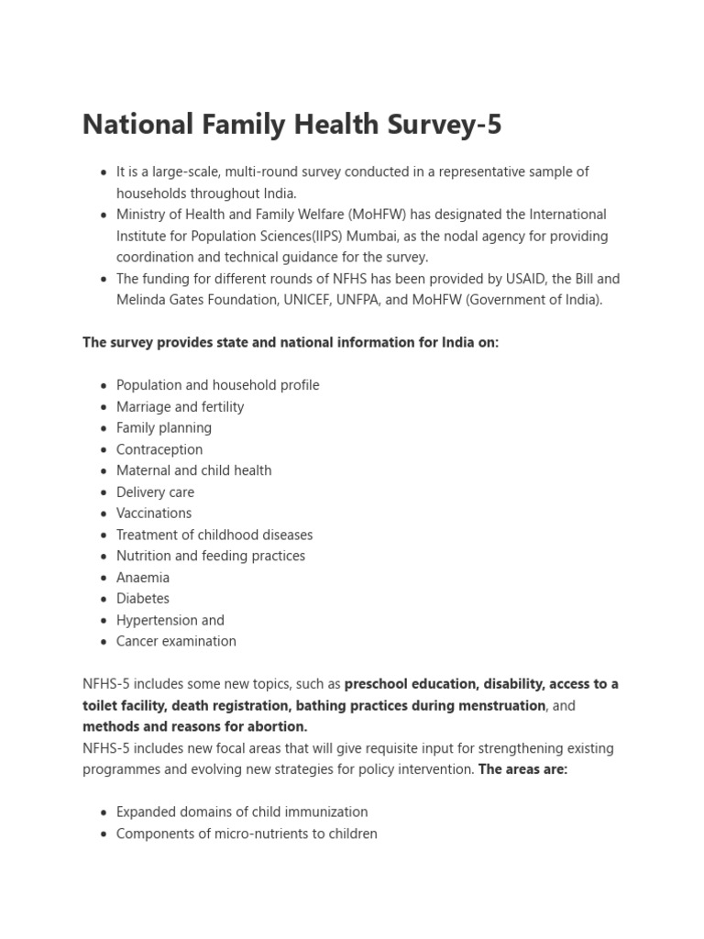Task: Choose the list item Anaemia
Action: coord(143,578)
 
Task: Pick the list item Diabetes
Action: coord(143,599)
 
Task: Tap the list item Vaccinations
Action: coord(154,514)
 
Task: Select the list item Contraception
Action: coord(159,449)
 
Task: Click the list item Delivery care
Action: coord(155,492)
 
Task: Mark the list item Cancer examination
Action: coord(176,642)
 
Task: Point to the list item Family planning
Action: coord(164,428)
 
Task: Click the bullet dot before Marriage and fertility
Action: coord(104,407)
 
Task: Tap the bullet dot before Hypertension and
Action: coord(104,621)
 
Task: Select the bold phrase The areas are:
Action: coord(523,769)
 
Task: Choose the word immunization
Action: coord(324,812)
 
